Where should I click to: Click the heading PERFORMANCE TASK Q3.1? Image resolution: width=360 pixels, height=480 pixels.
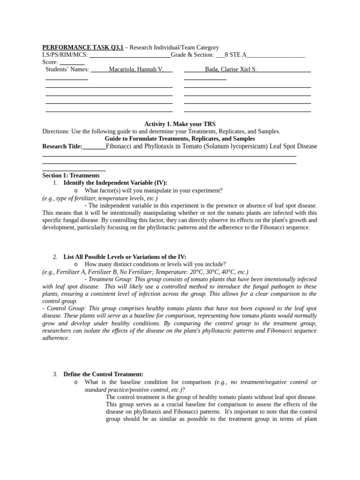click(x=82, y=47)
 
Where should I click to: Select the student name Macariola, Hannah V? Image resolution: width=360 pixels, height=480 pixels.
click(x=136, y=69)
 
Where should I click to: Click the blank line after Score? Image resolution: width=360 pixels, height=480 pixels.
click(x=72, y=62)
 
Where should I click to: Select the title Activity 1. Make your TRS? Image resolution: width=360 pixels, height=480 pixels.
click(x=180, y=124)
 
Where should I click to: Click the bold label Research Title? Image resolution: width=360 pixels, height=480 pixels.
click(x=62, y=146)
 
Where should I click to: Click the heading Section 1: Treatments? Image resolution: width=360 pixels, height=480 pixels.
click(x=71, y=175)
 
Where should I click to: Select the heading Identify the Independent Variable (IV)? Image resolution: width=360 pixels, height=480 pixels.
click(x=115, y=183)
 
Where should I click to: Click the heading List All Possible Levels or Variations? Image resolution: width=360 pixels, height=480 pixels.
click(x=125, y=257)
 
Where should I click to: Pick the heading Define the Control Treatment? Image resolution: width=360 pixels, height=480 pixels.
click(x=103, y=375)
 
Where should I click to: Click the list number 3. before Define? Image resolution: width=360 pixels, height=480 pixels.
click(x=55, y=375)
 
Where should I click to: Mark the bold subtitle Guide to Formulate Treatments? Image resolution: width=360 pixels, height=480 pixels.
click(x=180, y=139)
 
